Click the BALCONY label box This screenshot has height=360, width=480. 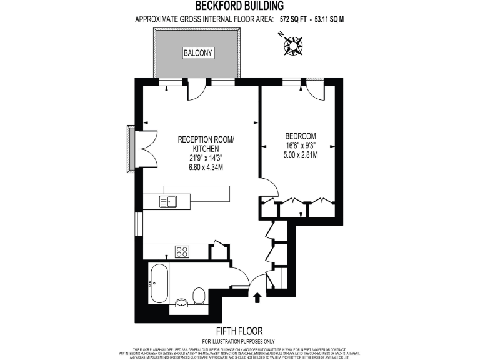(197, 53)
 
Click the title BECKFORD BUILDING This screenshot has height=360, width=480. (240, 6)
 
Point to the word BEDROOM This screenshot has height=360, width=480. (301, 136)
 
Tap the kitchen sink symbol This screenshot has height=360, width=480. (168, 201)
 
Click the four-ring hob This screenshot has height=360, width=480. (182, 252)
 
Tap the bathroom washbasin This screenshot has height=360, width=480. (181, 303)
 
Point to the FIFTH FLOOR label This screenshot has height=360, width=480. (239, 331)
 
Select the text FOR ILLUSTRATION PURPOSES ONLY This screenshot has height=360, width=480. (239, 341)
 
